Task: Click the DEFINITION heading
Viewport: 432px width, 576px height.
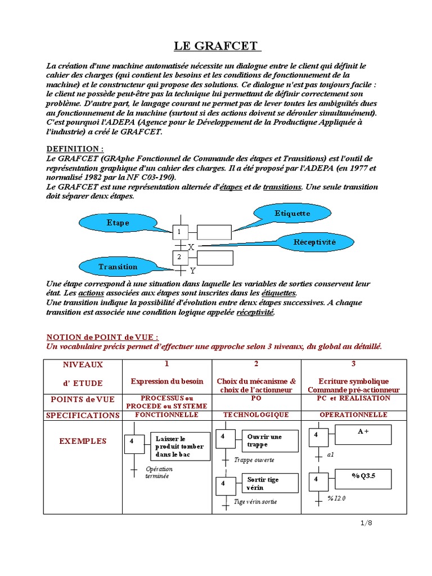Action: pos(74,149)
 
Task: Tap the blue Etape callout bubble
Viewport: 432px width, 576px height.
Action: pos(118,223)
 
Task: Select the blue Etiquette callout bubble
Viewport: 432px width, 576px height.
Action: pos(292,214)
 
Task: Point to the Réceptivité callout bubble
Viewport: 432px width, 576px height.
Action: pos(314,242)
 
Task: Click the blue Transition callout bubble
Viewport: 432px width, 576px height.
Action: pos(118,267)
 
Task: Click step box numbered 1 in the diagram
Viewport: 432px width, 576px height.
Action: pos(179,232)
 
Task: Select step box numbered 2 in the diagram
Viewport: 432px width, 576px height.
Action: pos(179,257)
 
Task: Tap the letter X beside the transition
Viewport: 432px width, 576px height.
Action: pos(191,247)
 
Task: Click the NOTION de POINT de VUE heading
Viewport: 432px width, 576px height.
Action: pos(102,337)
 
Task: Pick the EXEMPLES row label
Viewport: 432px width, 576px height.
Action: pos(83,442)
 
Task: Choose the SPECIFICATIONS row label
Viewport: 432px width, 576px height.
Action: pos(83,416)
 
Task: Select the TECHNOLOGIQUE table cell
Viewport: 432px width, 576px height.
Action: pos(256,415)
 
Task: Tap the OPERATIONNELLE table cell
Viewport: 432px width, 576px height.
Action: pos(353,415)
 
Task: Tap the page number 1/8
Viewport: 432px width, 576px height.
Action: pos(366,523)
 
